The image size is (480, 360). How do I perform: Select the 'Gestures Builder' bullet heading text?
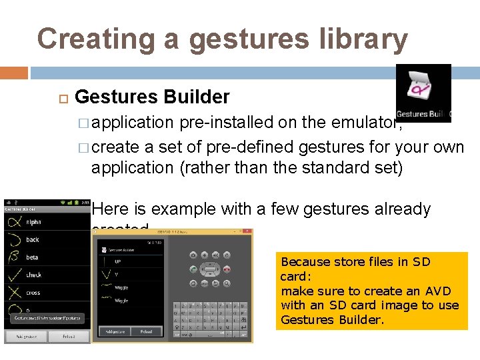152,97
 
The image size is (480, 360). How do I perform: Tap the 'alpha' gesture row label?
33,222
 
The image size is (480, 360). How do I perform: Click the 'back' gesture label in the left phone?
33,239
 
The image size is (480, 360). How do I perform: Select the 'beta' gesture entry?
32,257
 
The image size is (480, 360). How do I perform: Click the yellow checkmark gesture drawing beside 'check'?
13,275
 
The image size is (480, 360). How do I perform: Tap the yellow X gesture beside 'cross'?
13,293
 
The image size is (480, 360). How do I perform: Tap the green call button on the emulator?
192,269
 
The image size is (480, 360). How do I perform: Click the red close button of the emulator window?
246,231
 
